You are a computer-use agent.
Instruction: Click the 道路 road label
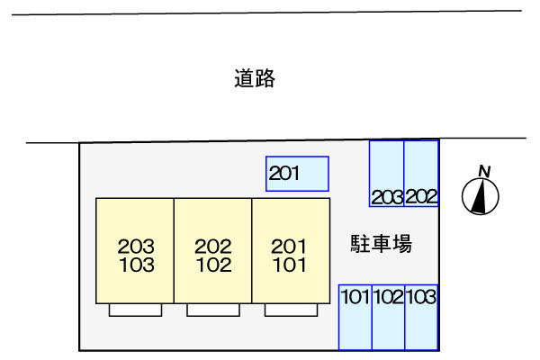pos(254,79)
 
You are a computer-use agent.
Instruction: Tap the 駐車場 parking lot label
pos(381,243)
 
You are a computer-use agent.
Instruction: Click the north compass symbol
pos(481,196)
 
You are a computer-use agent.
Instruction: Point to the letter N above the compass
pos(484,171)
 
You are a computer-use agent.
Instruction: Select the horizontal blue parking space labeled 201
pos(297,174)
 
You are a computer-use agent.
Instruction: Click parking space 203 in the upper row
pos(387,174)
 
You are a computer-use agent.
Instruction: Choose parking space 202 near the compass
pos(421,174)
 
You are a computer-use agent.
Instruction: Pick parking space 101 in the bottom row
pos(355,317)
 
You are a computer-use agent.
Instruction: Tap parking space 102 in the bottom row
pos(388,317)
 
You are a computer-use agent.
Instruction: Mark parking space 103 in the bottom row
pos(421,317)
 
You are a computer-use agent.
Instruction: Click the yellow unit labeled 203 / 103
pos(135,251)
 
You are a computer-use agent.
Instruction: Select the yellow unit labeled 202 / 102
pos(212,251)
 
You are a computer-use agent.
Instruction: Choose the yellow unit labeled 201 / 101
pos(290,251)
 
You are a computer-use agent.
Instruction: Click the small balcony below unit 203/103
pos(135,310)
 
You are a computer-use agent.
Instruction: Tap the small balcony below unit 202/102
pos(213,310)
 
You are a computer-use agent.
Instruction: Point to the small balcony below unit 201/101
pos(291,310)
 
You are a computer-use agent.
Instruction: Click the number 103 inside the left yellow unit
pos(135,265)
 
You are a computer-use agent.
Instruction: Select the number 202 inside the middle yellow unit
pos(213,246)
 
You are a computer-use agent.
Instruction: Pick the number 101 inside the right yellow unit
pos(290,265)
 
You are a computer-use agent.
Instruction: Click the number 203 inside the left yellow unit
pos(135,246)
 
